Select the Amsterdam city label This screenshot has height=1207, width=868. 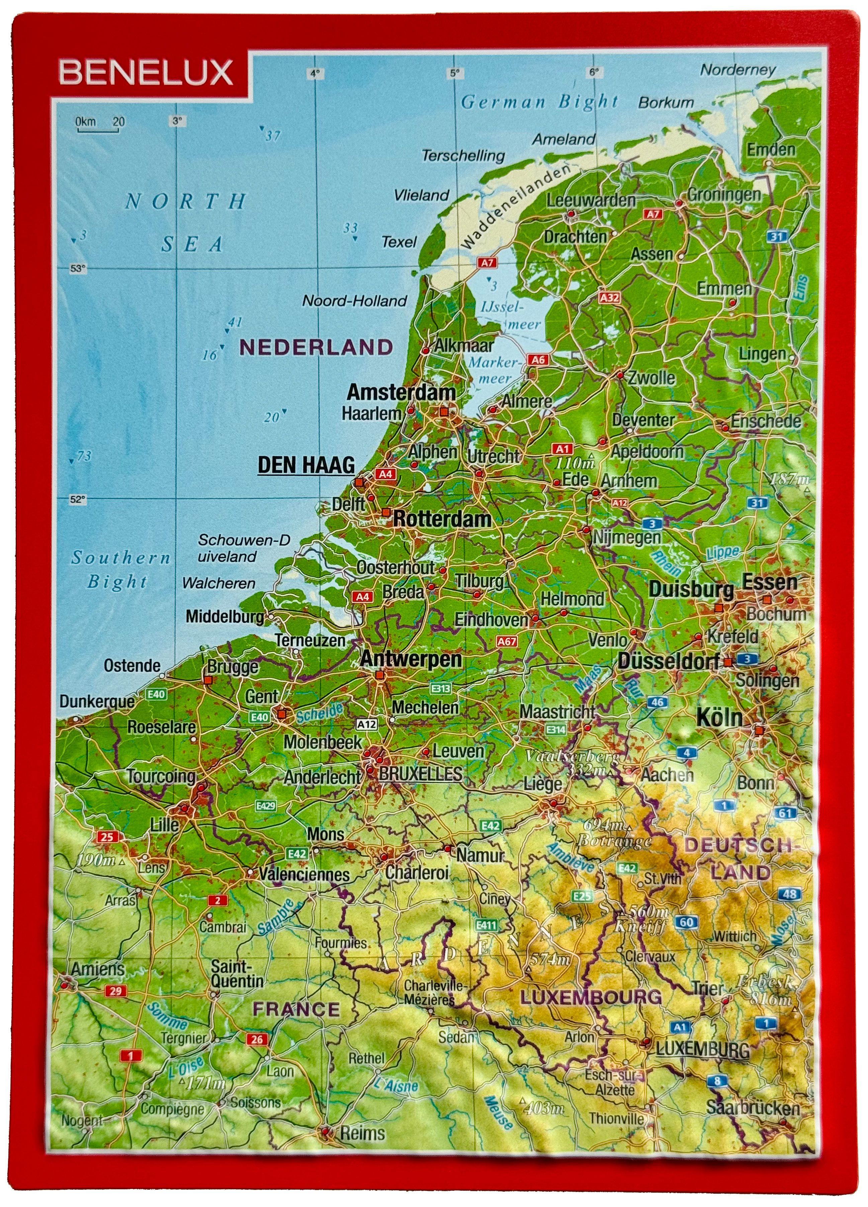click(x=401, y=393)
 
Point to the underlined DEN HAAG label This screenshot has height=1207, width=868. click(x=306, y=465)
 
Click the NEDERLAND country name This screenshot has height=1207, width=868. click(x=317, y=348)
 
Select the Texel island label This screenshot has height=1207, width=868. click(x=399, y=242)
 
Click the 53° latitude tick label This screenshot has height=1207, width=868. click(x=78, y=269)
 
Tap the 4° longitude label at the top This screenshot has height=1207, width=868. click(x=315, y=74)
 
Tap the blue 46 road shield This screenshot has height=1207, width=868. click(x=657, y=702)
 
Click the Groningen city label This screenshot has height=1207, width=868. click(x=724, y=195)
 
